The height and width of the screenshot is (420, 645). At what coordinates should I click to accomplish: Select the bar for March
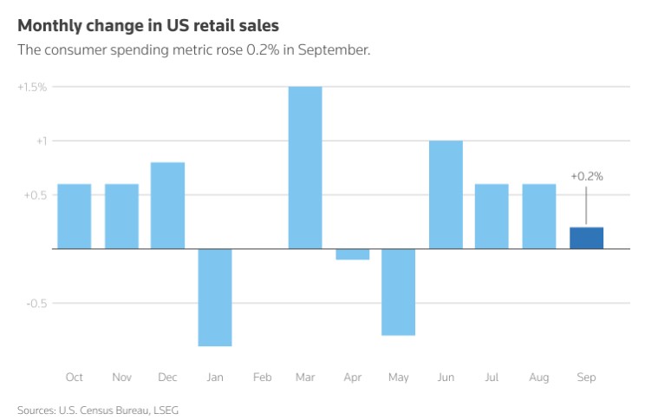[305, 167]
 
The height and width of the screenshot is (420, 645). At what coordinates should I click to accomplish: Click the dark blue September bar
[586, 238]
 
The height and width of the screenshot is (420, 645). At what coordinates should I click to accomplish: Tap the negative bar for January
[215, 297]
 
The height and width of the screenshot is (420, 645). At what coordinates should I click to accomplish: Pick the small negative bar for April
[352, 254]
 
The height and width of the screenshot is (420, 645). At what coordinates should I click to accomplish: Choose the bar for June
[446, 194]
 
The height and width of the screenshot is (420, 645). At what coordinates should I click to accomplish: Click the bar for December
[168, 206]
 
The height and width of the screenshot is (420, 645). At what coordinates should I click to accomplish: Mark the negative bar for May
[399, 292]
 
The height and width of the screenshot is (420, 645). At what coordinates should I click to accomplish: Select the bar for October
[75, 216]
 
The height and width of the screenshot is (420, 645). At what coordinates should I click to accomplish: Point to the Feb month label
[262, 377]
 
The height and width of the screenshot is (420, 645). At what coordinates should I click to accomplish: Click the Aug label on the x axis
[539, 377]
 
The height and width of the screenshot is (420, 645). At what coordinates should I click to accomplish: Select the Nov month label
[121, 377]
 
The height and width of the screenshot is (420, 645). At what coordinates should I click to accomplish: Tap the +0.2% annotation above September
[586, 176]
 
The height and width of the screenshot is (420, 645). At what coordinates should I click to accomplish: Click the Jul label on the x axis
[492, 377]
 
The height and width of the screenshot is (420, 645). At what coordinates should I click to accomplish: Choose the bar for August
[539, 216]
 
